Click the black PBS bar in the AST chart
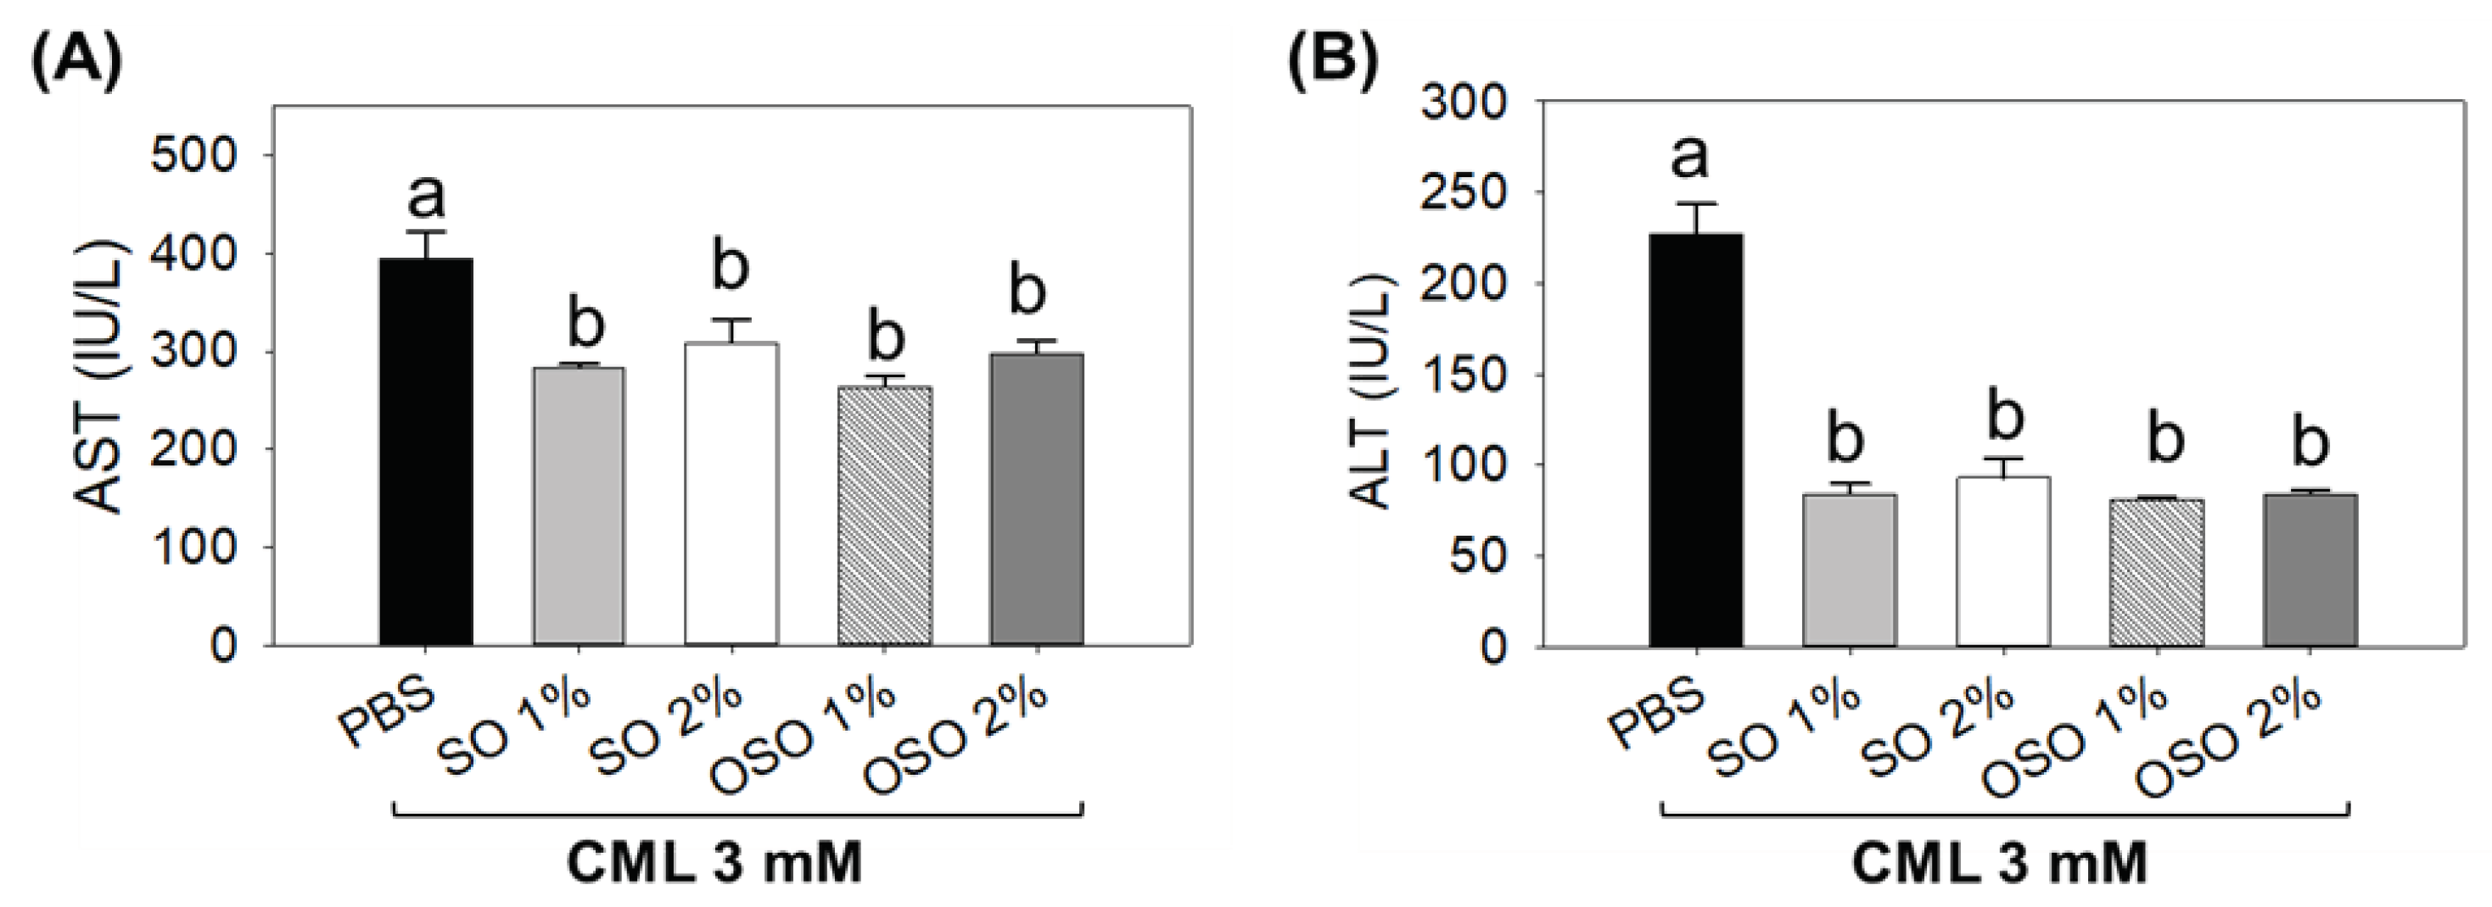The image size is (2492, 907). pyautogui.click(x=426, y=451)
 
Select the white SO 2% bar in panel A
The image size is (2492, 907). pyautogui.click(x=731, y=493)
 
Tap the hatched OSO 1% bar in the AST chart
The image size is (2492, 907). pyautogui.click(x=883, y=515)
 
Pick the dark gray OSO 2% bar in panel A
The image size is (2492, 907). pyautogui.click(x=1036, y=499)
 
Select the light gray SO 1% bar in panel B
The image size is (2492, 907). pyautogui.click(x=1849, y=570)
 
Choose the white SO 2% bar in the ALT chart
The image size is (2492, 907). pyautogui.click(x=2002, y=561)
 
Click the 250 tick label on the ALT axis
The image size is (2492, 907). pyautogui.click(x=1463, y=192)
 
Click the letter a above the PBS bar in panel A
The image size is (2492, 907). pyautogui.click(x=426, y=198)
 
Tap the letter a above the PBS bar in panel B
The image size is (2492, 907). pyautogui.click(x=1690, y=159)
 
